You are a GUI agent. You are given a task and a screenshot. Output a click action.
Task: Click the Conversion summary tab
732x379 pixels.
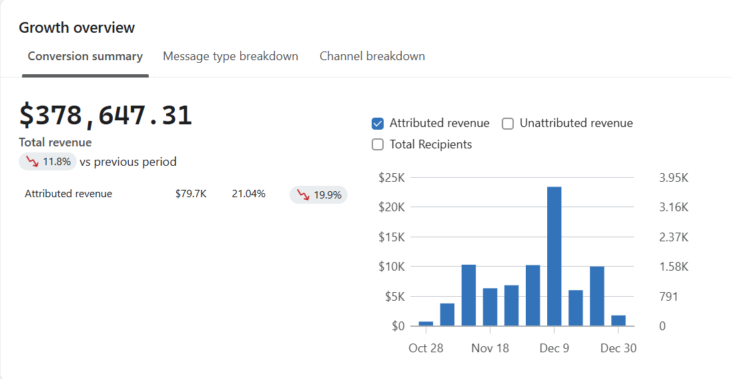point(85,56)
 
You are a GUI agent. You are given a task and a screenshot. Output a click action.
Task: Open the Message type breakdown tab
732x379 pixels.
point(230,56)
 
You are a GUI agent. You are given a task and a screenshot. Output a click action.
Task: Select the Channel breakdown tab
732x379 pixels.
point(372,56)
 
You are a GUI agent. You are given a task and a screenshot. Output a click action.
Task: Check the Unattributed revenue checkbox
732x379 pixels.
point(508,124)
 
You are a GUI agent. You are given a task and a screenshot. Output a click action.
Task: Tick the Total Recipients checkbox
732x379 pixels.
point(378,144)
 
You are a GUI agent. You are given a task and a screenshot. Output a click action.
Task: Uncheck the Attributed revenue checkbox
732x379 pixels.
point(378,124)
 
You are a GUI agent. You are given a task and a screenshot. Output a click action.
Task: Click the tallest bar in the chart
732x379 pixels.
point(554,256)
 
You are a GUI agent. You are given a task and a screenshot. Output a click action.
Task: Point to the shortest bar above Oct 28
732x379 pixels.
point(426,324)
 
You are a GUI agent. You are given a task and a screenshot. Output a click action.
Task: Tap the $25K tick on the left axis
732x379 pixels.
point(392,178)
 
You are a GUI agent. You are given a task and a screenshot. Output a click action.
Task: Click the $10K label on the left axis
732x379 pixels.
point(392,267)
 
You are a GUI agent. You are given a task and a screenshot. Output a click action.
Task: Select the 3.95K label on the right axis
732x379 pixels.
point(673,178)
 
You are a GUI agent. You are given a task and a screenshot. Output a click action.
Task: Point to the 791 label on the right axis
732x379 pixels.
point(669,297)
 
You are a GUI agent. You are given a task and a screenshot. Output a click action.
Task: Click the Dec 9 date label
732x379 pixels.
point(554,348)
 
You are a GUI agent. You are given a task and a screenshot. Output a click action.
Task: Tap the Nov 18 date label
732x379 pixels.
point(490,348)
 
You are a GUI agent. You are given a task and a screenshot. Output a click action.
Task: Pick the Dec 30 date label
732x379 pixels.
point(618,348)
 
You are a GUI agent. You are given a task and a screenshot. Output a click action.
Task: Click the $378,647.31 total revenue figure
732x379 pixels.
point(105,116)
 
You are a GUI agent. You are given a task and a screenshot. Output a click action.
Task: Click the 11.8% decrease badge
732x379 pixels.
point(47,162)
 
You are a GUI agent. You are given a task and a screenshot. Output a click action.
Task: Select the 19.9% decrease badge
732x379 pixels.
point(318,195)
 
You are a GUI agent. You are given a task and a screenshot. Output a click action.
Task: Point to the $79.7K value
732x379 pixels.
point(191,194)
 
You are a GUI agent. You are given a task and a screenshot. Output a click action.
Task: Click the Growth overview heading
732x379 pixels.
point(77,27)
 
